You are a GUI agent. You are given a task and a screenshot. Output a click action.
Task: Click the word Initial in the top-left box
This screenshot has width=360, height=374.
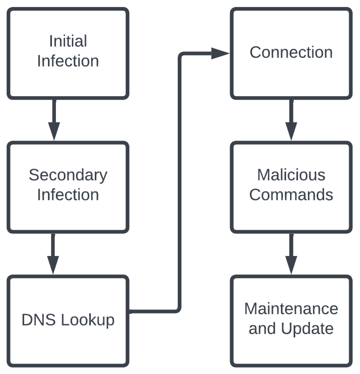(68, 41)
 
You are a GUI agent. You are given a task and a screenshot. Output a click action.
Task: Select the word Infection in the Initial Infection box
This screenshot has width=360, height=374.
(68, 61)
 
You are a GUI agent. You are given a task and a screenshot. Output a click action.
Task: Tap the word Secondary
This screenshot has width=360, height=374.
(68, 175)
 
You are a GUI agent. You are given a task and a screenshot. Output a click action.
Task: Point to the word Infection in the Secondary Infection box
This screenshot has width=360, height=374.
(68, 195)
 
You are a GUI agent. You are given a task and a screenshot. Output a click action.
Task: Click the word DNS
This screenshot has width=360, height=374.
(39, 320)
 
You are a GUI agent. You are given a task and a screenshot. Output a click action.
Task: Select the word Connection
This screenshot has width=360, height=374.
(291, 52)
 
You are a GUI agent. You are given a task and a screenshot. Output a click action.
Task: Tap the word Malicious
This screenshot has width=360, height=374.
(291, 175)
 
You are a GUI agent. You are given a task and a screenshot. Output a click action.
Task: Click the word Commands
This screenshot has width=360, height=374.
(291, 195)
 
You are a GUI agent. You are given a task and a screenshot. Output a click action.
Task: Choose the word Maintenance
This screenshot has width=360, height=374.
(291, 309)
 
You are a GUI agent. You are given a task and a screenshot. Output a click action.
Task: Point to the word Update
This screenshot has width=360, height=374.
(307, 329)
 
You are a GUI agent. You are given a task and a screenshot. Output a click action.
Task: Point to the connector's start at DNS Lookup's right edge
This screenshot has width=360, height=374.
(131, 311)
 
